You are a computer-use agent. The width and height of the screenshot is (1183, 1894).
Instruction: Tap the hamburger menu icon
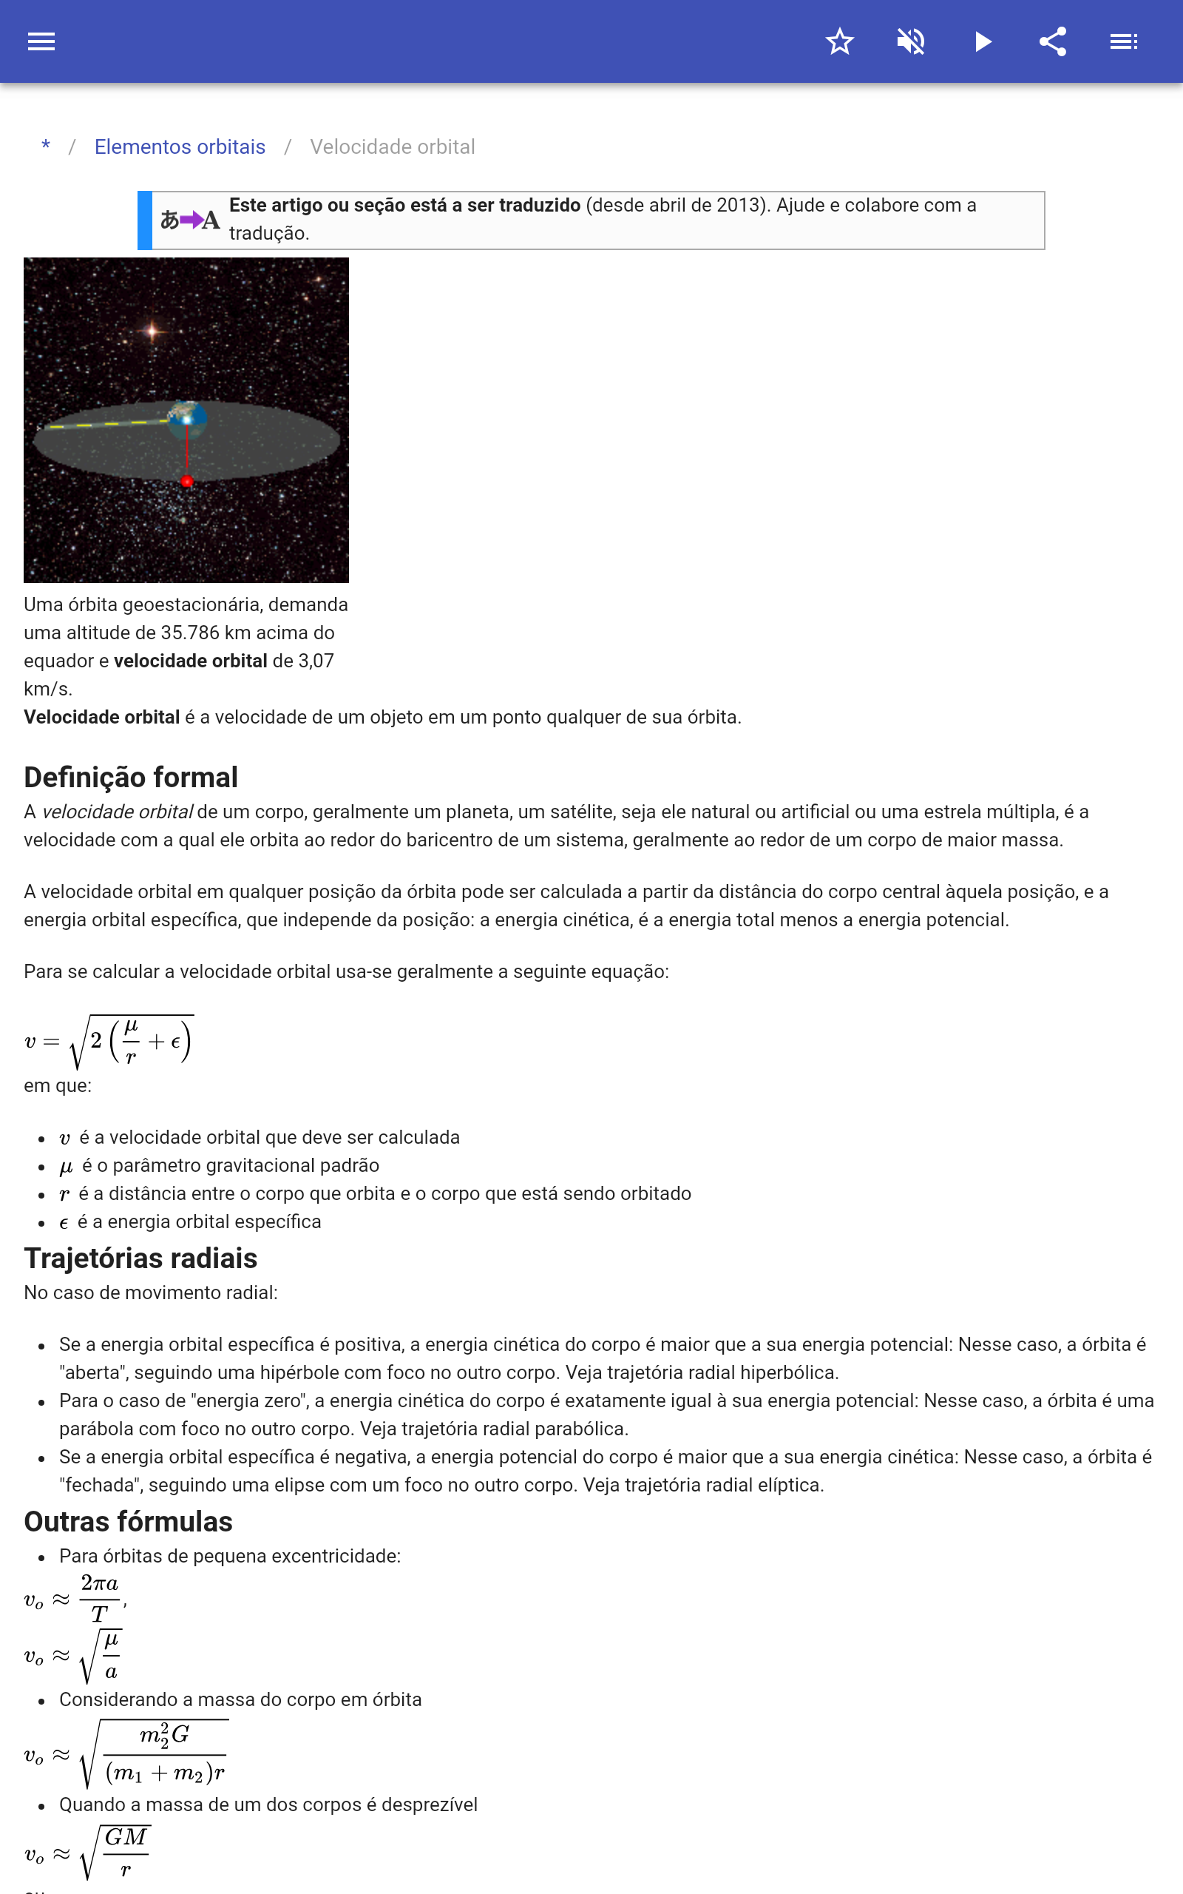coord(41,41)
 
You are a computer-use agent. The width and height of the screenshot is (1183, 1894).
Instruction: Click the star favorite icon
coord(839,41)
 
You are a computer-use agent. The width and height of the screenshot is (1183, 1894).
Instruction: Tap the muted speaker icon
coord(911,41)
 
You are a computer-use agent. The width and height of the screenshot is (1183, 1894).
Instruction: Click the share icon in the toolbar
coord(1053,41)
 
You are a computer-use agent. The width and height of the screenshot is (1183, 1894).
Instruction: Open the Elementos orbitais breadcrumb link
coord(180,147)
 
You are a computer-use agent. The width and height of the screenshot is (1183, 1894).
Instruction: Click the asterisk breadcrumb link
coord(46,147)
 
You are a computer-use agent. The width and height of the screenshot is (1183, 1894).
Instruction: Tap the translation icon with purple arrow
coord(189,220)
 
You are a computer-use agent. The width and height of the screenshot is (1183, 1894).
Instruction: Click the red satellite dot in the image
coord(187,482)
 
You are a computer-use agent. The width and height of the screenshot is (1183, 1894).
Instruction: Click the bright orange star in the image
coord(152,331)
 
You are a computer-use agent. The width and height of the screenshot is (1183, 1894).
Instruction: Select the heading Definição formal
coord(131,777)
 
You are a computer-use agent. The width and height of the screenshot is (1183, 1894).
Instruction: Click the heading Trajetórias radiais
coord(140,1258)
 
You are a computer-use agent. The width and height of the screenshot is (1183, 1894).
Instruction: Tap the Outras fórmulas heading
coord(129,1521)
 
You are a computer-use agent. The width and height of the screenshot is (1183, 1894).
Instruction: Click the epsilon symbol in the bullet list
coord(64,1223)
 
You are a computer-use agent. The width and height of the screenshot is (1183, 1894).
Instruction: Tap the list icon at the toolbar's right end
coord(1124,41)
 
